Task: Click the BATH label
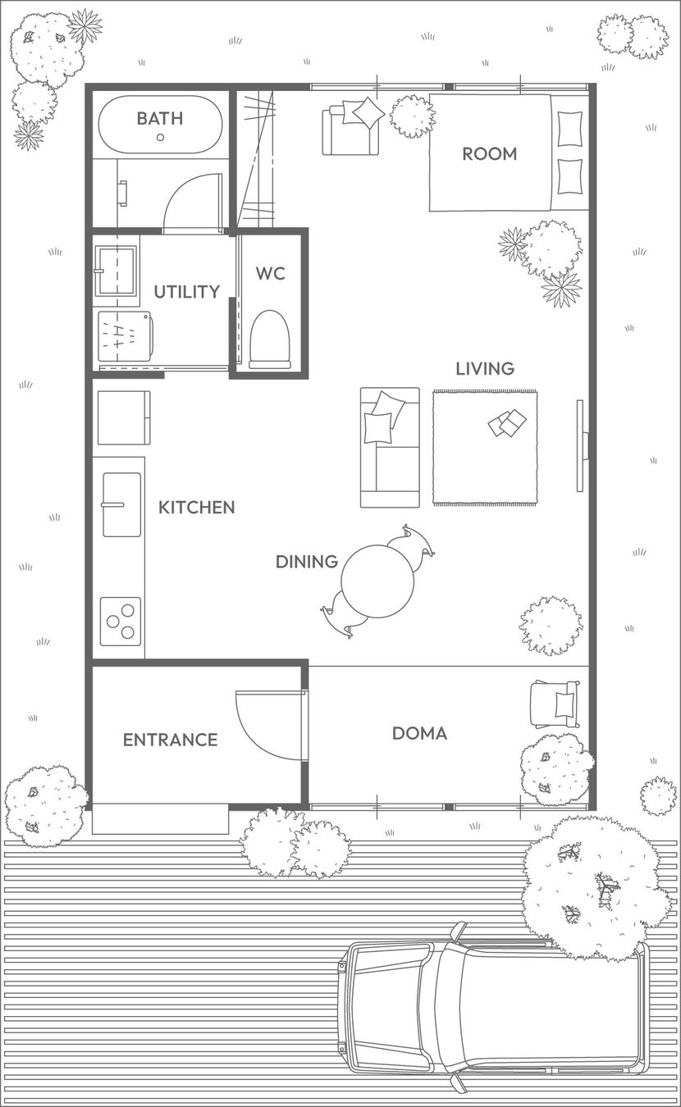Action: [160, 119]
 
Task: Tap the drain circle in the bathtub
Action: [160, 138]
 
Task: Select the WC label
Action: [271, 273]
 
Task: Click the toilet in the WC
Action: [270, 339]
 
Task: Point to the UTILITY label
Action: [187, 292]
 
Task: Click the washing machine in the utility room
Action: [125, 336]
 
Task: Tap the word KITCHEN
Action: [196, 508]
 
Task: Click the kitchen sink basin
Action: [121, 504]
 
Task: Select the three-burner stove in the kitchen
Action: [121, 622]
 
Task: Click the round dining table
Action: [377, 581]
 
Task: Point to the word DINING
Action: [307, 562]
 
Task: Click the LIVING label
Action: [485, 369]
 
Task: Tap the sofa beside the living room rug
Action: [390, 448]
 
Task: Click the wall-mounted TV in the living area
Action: [582, 446]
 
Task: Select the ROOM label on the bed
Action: [490, 154]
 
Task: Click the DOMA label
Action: [420, 733]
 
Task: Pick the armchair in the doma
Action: [555, 704]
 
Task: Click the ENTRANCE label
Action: [170, 740]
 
